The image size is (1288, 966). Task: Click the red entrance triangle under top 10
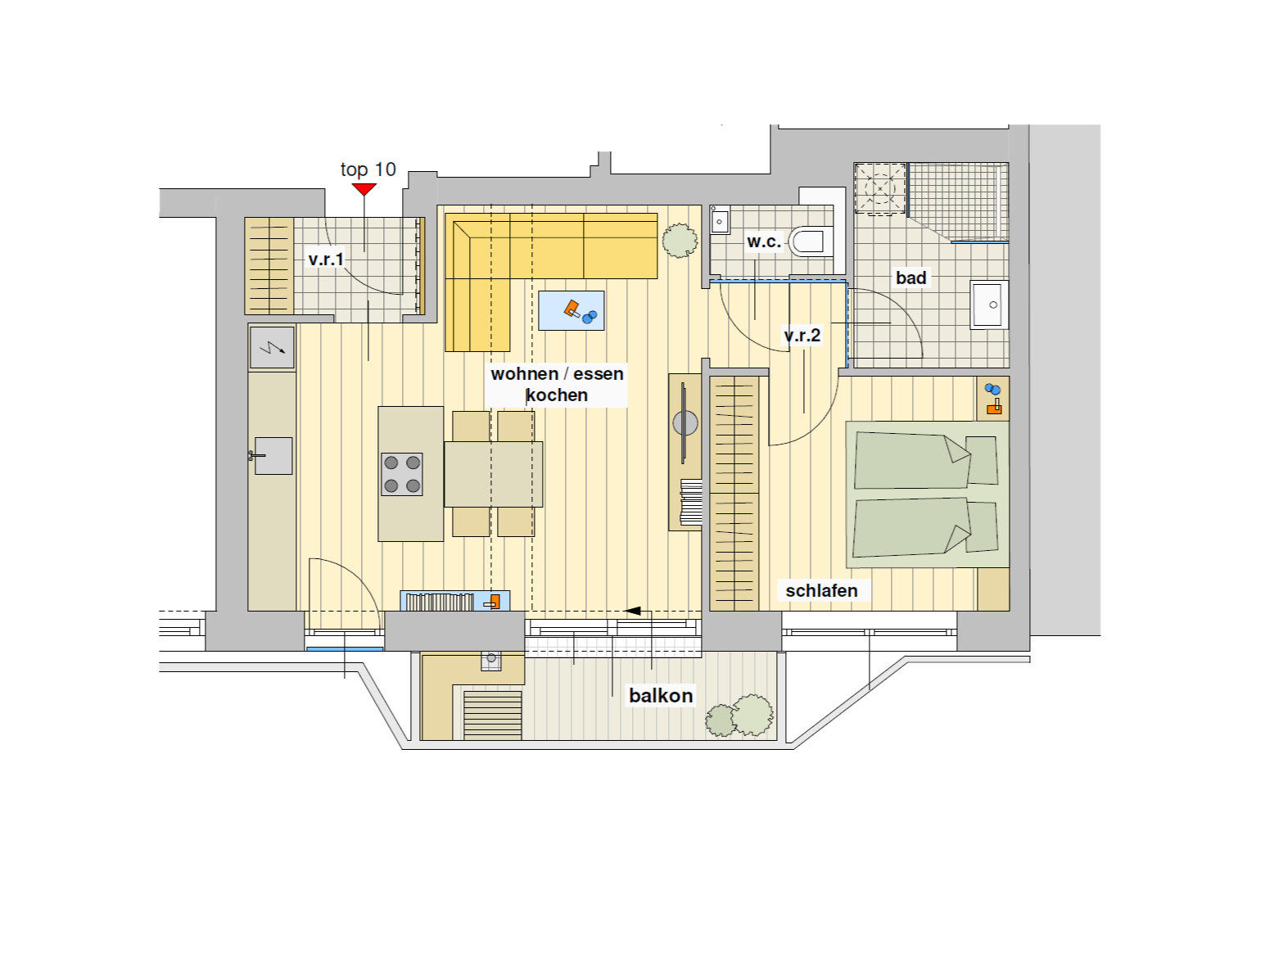pyautogui.click(x=364, y=189)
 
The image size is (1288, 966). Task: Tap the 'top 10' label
pyautogui.click(x=368, y=169)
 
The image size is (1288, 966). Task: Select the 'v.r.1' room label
pyautogui.click(x=326, y=259)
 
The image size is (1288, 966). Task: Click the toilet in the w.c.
pyautogui.click(x=811, y=241)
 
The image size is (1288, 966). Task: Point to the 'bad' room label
pyautogui.click(x=911, y=278)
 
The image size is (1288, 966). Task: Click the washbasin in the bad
pyautogui.click(x=989, y=305)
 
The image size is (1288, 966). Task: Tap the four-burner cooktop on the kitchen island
pyautogui.click(x=402, y=474)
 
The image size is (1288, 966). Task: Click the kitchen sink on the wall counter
pyautogui.click(x=273, y=456)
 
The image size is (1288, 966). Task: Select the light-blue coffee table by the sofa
pyautogui.click(x=571, y=310)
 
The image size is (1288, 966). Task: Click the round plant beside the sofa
pyautogui.click(x=680, y=241)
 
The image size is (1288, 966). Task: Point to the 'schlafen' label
pyautogui.click(x=821, y=590)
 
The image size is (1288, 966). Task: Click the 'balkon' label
pyautogui.click(x=661, y=696)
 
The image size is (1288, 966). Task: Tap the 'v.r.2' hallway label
pyautogui.click(x=802, y=335)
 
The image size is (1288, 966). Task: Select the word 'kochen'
pyautogui.click(x=557, y=395)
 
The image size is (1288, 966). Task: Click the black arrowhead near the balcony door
pyautogui.click(x=633, y=612)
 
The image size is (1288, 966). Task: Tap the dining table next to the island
pyautogui.click(x=493, y=474)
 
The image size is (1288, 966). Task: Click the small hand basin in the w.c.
pyautogui.click(x=720, y=220)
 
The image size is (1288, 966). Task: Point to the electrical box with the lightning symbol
pyautogui.click(x=272, y=348)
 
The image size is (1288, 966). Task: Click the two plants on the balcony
pyautogui.click(x=739, y=716)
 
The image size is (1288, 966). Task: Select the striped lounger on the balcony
pyautogui.click(x=492, y=715)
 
